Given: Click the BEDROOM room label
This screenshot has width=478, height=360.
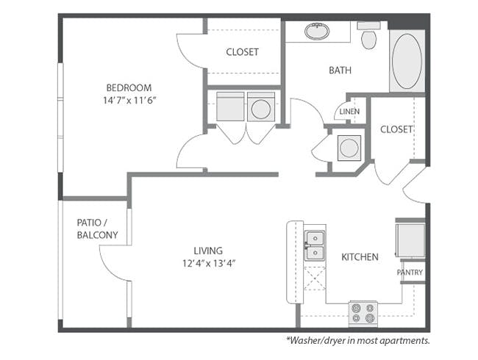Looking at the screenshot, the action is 129,87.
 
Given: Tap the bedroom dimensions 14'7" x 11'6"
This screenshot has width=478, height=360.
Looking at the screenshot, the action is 129,100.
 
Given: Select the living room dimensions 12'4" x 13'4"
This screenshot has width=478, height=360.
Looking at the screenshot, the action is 209,263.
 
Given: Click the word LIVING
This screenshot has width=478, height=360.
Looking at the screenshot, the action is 208,251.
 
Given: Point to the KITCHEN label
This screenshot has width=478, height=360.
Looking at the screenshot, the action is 360,257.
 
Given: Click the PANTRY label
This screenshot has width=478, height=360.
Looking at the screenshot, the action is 410,273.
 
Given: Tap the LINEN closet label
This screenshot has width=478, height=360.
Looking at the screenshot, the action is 349,112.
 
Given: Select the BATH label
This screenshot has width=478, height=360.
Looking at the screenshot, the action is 340,71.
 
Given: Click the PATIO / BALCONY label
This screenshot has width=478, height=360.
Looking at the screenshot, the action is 97,228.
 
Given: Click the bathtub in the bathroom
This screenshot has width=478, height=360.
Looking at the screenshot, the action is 407,61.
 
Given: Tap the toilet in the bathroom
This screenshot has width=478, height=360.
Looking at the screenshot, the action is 369,36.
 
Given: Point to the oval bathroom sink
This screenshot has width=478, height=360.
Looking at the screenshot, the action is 317,32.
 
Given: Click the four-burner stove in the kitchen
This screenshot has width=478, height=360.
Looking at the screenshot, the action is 363,314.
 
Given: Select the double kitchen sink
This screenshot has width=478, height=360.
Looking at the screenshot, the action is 315,245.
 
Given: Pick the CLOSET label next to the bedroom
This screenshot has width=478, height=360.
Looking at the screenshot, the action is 243,52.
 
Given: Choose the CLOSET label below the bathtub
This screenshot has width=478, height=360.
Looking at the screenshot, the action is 396,129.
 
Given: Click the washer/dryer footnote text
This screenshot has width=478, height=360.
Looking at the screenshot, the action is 358,340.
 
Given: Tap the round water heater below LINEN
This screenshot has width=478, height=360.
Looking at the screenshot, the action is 349,148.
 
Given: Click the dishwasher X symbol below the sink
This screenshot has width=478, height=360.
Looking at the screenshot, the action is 315,278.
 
